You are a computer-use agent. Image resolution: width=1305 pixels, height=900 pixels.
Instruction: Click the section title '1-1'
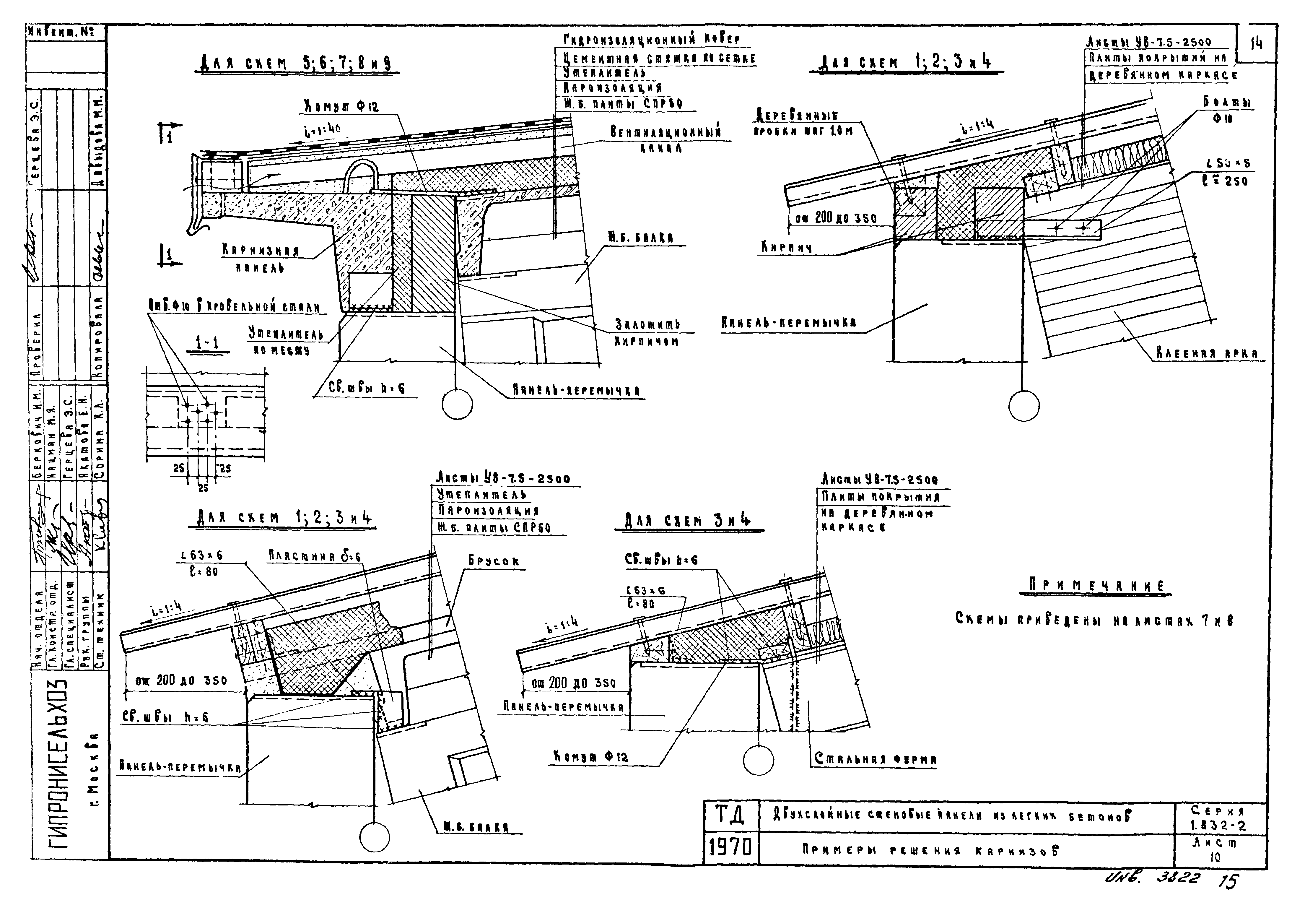[207, 342]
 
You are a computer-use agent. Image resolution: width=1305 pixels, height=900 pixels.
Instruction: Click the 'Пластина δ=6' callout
[314, 557]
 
